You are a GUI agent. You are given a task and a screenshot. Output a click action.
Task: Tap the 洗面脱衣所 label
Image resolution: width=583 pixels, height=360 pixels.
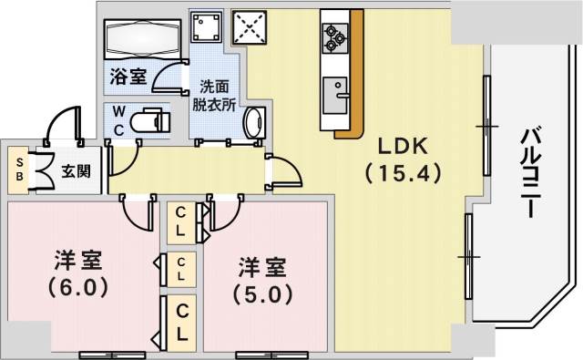214,96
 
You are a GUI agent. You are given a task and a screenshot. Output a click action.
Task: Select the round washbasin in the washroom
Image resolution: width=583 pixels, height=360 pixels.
255,121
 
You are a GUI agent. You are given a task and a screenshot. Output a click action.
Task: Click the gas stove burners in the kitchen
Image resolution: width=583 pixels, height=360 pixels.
334,36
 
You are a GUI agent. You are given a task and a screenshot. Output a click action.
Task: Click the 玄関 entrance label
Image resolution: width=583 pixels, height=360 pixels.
76,170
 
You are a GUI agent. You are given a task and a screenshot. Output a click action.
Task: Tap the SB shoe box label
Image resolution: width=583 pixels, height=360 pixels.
19,170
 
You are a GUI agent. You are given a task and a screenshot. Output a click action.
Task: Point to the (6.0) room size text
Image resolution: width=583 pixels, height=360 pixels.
77,286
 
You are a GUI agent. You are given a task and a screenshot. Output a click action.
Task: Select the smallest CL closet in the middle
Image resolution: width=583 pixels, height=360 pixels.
182,269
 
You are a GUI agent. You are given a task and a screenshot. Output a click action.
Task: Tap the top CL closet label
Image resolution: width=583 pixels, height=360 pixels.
182,221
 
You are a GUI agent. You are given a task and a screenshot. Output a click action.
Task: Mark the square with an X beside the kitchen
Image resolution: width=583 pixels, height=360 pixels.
249,27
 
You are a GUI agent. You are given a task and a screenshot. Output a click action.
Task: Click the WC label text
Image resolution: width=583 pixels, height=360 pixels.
118,120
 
